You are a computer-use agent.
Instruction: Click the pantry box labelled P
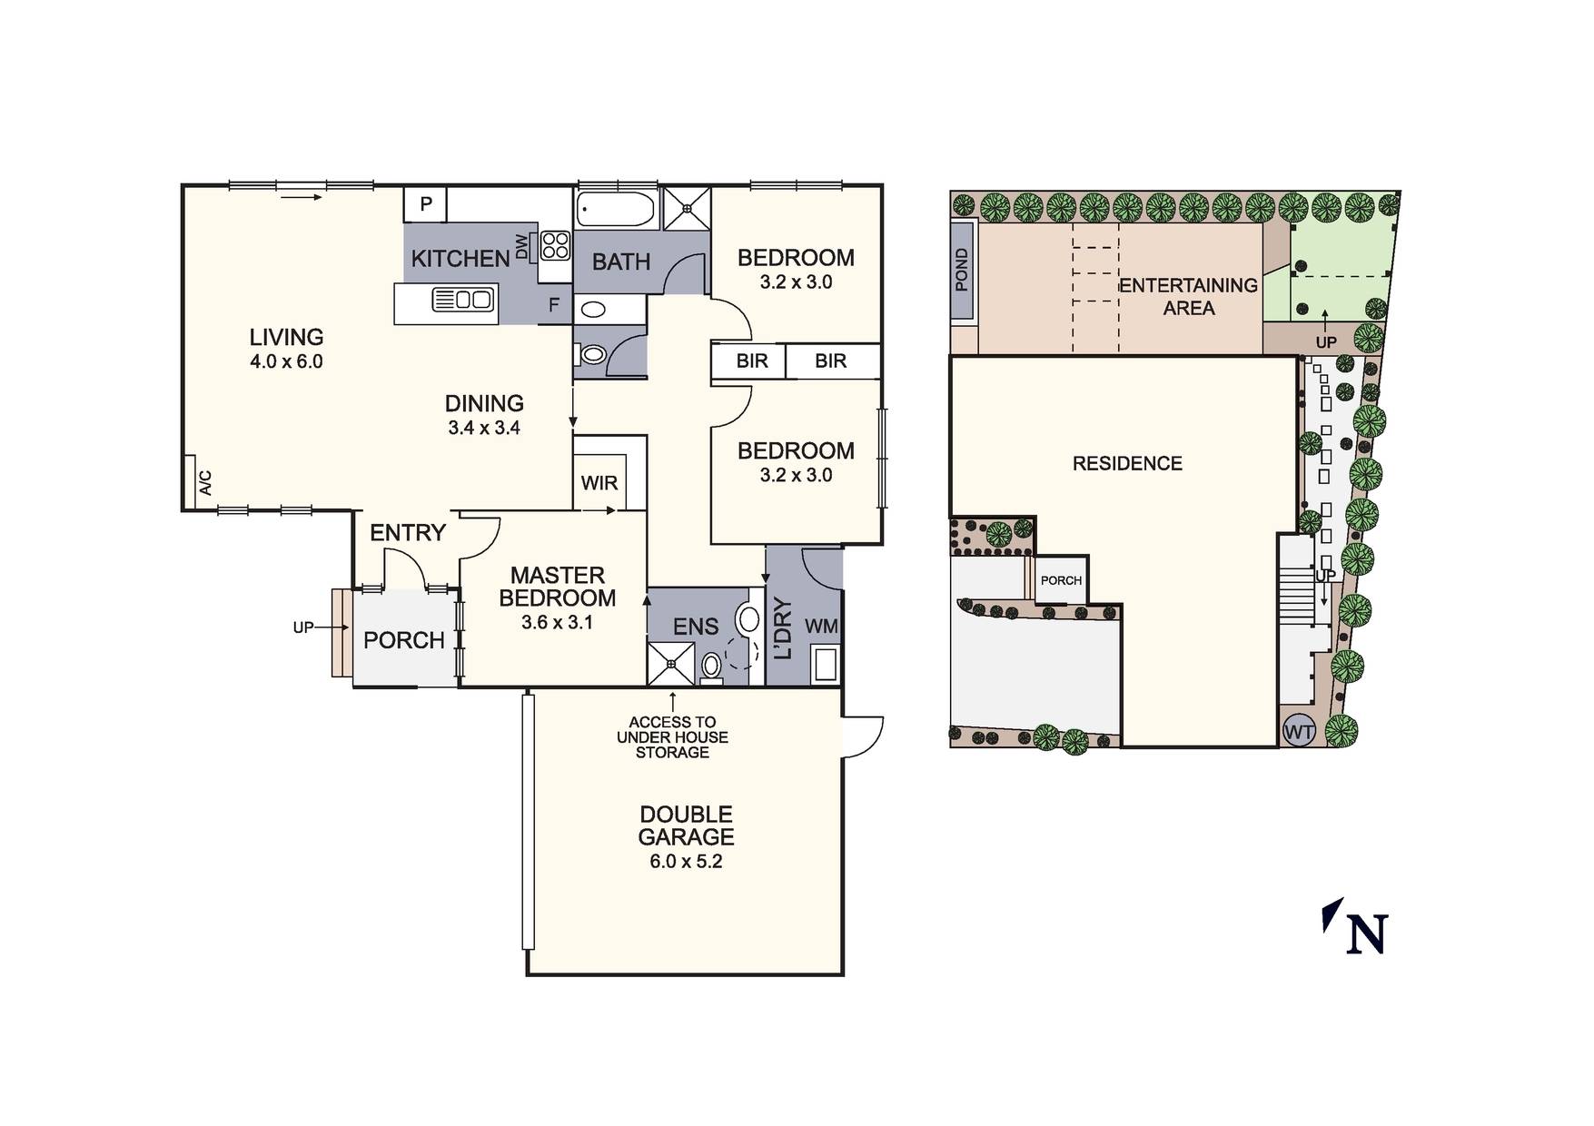click(x=425, y=205)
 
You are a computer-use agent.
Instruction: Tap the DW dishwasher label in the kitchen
click(x=521, y=247)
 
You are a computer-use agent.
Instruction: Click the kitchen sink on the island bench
click(x=463, y=299)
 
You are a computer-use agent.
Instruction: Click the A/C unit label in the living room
click(x=205, y=482)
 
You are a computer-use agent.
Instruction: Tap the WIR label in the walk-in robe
click(x=599, y=483)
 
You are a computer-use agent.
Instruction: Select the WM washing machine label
click(x=822, y=627)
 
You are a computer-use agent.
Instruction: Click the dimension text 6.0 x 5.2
click(x=686, y=862)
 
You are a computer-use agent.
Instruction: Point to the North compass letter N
click(x=1367, y=933)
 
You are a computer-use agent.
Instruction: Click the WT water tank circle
click(x=1299, y=731)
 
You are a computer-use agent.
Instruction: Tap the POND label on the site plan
click(x=962, y=270)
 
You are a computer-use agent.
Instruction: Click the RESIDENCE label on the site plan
click(x=1127, y=464)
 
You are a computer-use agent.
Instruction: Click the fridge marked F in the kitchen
click(x=554, y=306)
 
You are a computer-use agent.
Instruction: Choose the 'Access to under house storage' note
click(x=672, y=736)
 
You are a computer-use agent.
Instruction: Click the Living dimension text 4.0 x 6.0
click(x=287, y=361)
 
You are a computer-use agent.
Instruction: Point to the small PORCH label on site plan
click(x=1061, y=580)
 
